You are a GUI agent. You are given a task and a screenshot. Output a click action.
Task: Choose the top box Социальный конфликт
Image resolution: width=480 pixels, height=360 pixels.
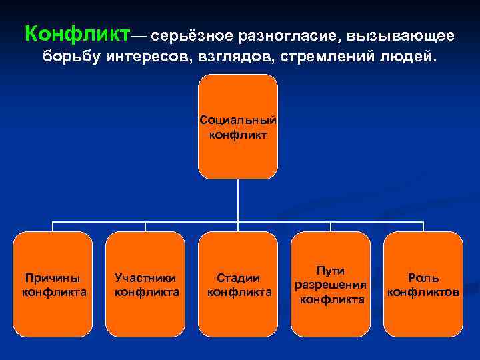[x=238, y=127]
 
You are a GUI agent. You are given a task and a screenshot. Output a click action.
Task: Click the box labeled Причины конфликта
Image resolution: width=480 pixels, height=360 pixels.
[x=53, y=284]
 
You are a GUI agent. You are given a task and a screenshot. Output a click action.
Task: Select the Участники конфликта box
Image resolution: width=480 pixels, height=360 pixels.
[x=145, y=284]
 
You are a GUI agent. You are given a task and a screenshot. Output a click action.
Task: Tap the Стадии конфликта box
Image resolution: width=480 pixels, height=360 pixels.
[x=238, y=284]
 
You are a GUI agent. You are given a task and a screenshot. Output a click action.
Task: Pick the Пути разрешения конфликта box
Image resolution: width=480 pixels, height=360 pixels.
[x=331, y=284]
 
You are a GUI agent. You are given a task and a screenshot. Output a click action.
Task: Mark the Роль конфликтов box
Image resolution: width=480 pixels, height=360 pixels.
[x=423, y=284]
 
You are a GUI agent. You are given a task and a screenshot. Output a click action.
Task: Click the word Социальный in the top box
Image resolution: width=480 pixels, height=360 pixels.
[x=238, y=121]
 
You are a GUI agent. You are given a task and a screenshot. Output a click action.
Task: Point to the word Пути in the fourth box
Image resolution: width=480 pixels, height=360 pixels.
[x=331, y=271]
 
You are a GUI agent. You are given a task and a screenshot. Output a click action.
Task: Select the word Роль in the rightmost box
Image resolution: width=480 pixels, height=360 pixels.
[x=423, y=278]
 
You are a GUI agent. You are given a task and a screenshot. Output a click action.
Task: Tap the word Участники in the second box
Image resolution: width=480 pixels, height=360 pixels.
[x=145, y=278]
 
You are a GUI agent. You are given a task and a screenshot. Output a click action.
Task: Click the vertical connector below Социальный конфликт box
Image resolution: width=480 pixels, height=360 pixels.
[x=238, y=200]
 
